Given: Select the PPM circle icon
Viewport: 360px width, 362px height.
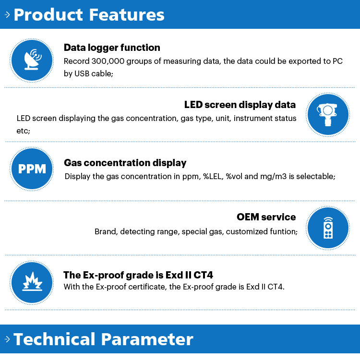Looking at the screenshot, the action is (32, 169).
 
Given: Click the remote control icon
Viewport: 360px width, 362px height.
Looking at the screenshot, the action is (328, 228).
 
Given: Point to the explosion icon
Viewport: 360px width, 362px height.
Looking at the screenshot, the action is (32, 283).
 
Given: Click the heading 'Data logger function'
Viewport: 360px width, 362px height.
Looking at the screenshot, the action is (112, 48).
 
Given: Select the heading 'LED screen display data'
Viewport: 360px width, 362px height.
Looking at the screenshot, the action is (240, 105).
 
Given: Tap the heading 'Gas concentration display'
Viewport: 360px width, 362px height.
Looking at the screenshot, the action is (125, 163).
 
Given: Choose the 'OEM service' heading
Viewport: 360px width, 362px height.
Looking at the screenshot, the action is (266, 217).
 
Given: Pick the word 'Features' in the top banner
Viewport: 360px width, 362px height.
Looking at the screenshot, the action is (127, 15).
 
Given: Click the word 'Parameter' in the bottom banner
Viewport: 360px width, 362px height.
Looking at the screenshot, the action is (147, 339).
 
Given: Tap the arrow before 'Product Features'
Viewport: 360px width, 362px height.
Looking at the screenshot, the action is (7, 15).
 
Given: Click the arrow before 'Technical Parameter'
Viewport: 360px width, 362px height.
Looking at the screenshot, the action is (7, 339).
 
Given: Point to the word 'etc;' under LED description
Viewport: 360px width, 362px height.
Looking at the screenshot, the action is (24, 131).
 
